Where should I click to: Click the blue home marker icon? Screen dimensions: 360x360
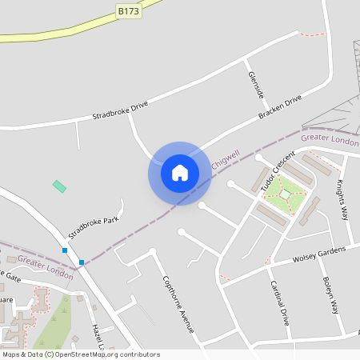(180, 173)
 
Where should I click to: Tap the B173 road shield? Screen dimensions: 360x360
(128, 10)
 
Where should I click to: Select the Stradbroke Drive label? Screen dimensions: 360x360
(120, 109)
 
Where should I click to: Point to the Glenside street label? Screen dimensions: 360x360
(255, 85)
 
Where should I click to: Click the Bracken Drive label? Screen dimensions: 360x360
(280, 108)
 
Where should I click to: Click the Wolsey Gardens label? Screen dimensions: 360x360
(320, 254)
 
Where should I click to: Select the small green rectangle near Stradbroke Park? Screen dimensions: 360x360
(59, 186)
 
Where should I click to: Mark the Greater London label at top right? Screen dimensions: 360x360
(330, 139)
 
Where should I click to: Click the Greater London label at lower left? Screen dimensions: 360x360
(45, 267)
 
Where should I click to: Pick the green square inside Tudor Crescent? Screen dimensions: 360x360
(285, 194)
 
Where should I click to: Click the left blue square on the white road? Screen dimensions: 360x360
(65, 251)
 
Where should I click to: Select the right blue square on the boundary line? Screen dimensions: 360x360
(82, 262)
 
